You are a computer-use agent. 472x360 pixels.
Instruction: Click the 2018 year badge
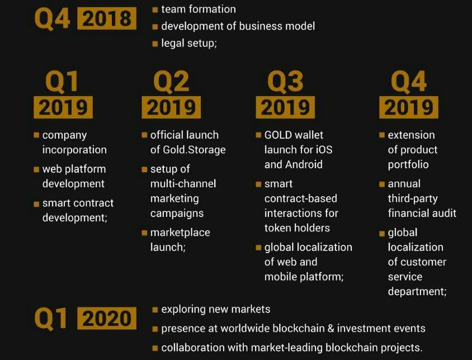[107, 18]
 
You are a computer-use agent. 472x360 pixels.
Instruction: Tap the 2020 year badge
[107, 318]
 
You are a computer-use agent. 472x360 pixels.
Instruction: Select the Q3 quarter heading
[285, 82]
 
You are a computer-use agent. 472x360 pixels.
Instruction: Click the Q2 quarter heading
[171, 82]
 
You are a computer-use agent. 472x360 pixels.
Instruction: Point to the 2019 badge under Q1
[63, 107]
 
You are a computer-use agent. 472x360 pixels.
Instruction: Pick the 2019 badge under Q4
[409, 107]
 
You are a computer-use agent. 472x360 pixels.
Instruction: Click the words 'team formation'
[199, 9]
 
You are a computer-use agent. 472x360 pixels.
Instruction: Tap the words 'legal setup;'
[189, 43]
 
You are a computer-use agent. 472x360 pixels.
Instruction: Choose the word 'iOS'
[324, 150]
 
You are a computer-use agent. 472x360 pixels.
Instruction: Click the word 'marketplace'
[180, 233]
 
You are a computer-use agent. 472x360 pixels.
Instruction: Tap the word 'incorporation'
[74, 150]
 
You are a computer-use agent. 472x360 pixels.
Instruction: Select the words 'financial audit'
[422, 213]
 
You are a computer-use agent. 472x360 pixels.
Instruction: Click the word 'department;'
[417, 291]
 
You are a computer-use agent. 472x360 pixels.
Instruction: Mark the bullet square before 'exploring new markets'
[155, 310]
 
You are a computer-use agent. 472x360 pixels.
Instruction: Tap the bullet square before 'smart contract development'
[36, 204]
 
